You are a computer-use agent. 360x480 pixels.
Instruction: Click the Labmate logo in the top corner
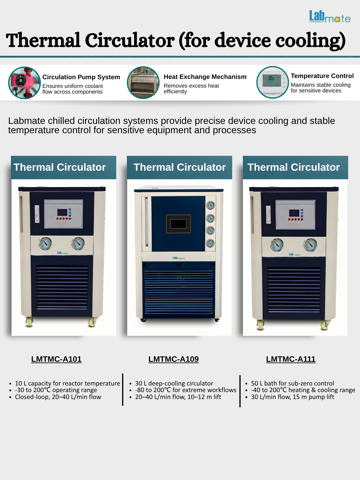(x=330, y=17)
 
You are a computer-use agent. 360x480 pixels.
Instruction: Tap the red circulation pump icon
(x=24, y=83)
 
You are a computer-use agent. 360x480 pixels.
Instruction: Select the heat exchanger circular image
(x=143, y=82)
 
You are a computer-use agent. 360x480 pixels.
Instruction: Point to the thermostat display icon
(x=272, y=82)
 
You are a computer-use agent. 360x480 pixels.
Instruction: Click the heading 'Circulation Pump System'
(x=81, y=77)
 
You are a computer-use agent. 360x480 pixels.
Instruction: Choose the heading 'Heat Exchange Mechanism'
(x=205, y=77)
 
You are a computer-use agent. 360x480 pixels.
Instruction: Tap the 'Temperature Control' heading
(x=322, y=76)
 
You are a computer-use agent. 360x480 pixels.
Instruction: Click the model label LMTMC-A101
(x=56, y=359)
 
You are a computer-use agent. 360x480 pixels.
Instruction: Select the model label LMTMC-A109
(x=173, y=359)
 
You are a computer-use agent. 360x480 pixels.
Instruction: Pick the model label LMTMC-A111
(x=291, y=359)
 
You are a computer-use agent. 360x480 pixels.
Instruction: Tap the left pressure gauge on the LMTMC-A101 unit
(x=45, y=243)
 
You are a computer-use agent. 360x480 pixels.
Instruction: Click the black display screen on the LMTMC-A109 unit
(x=178, y=224)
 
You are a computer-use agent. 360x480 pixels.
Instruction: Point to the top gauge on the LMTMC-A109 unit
(x=210, y=205)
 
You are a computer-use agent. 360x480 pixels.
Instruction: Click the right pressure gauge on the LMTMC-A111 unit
(x=310, y=245)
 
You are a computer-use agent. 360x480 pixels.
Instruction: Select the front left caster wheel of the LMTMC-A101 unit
(x=29, y=322)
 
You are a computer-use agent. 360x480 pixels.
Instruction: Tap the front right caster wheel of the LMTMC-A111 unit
(x=324, y=325)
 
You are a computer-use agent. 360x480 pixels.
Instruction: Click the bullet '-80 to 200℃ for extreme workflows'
(x=186, y=390)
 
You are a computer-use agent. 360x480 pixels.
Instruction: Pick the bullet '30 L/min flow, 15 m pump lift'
(x=292, y=397)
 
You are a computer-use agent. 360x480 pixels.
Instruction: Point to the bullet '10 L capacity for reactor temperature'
(x=67, y=383)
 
